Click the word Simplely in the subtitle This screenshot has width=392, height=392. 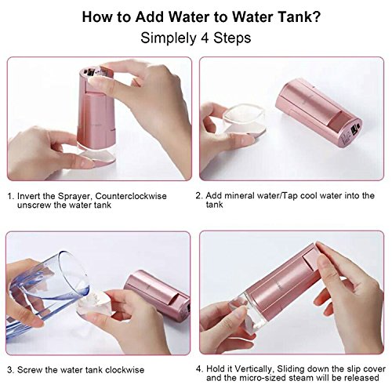(168, 38)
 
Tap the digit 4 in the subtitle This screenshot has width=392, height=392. (205, 38)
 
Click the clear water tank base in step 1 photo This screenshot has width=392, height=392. (97, 154)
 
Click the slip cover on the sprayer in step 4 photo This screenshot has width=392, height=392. (311, 259)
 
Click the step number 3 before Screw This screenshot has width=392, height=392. (10, 370)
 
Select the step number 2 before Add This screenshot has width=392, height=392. (198, 196)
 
